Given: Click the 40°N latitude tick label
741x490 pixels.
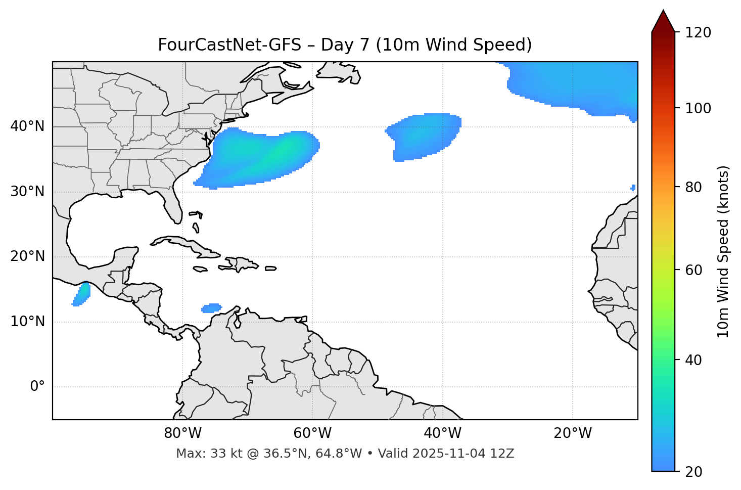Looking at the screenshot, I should tap(28, 126).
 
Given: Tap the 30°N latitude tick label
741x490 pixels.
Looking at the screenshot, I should tap(28, 192).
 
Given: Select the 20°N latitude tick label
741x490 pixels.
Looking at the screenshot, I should tap(28, 256).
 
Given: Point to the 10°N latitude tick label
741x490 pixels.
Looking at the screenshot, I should tap(28, 322).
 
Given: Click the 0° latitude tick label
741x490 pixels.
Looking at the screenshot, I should tap(37, 387).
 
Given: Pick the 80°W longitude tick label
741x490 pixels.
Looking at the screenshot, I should tap(182, 433).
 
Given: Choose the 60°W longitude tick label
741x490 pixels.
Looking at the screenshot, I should tap(312, 433).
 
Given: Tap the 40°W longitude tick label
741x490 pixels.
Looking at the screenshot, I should tap(442, 433).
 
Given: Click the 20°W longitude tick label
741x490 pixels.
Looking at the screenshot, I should tap(572, 433).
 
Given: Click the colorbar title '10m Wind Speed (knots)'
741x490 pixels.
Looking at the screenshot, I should tap(723, 251).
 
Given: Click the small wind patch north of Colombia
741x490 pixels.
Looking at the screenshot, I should tap(212, 307).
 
